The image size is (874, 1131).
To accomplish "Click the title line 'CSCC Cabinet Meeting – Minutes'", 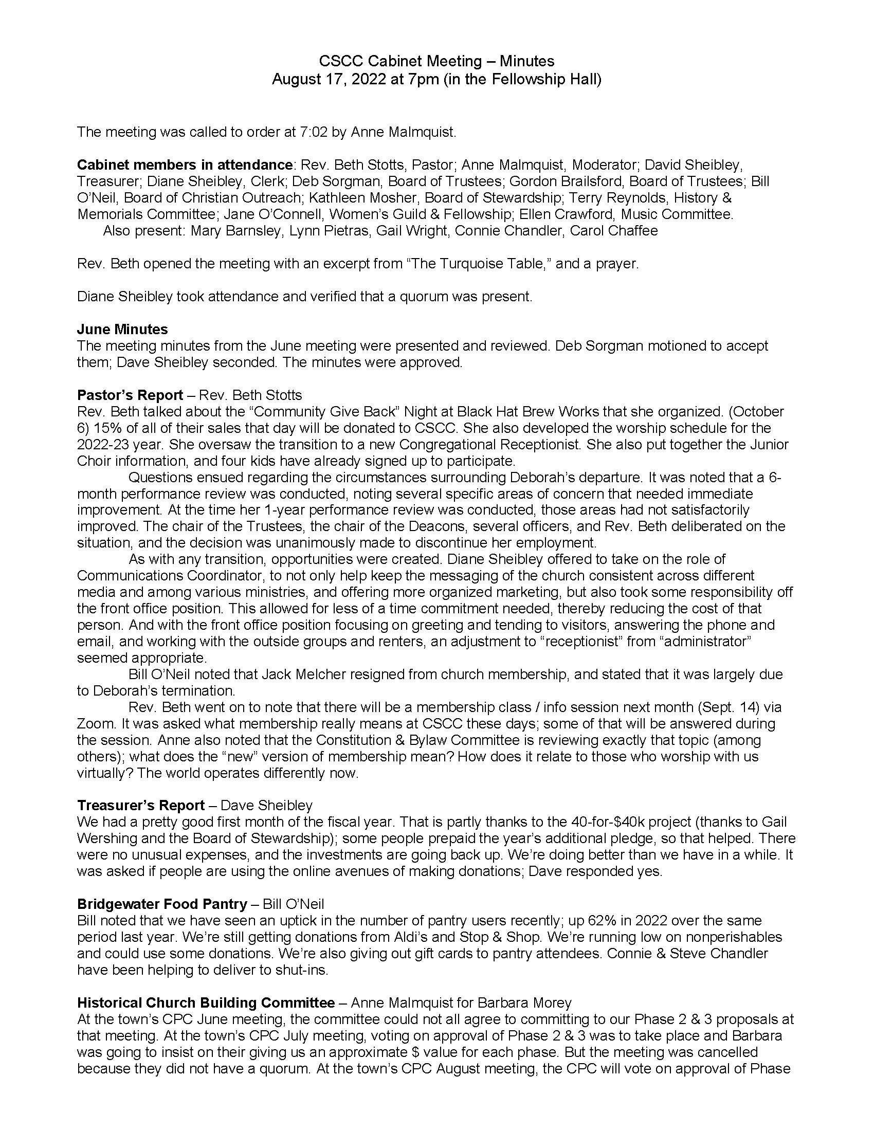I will (x=436, y=61).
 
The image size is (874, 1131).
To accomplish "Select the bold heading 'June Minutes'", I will (x=122, y=330).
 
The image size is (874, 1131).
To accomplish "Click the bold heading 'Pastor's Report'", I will (x=130, y=395).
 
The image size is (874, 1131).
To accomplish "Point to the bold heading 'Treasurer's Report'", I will (x=141, y=805).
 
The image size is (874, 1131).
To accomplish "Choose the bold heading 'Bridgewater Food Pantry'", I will (x=161, y=904).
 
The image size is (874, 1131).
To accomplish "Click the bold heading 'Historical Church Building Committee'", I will (x=206, y=1003).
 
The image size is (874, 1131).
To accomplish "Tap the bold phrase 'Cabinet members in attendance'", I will (x=185, y=165).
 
